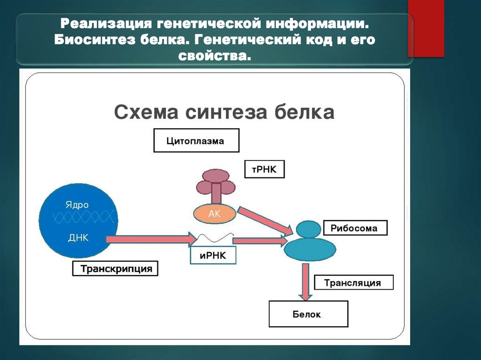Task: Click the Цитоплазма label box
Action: click(196, 141)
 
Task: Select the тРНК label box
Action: click(264, 169)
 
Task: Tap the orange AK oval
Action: click(214, 214)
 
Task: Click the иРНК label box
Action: click(213, 255)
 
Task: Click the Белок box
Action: click(308, 314)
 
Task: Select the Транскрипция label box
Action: click(115, 269)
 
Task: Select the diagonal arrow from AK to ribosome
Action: click(265, 219)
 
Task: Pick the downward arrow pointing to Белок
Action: click(306, 282)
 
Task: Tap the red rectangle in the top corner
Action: click(426, 28)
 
